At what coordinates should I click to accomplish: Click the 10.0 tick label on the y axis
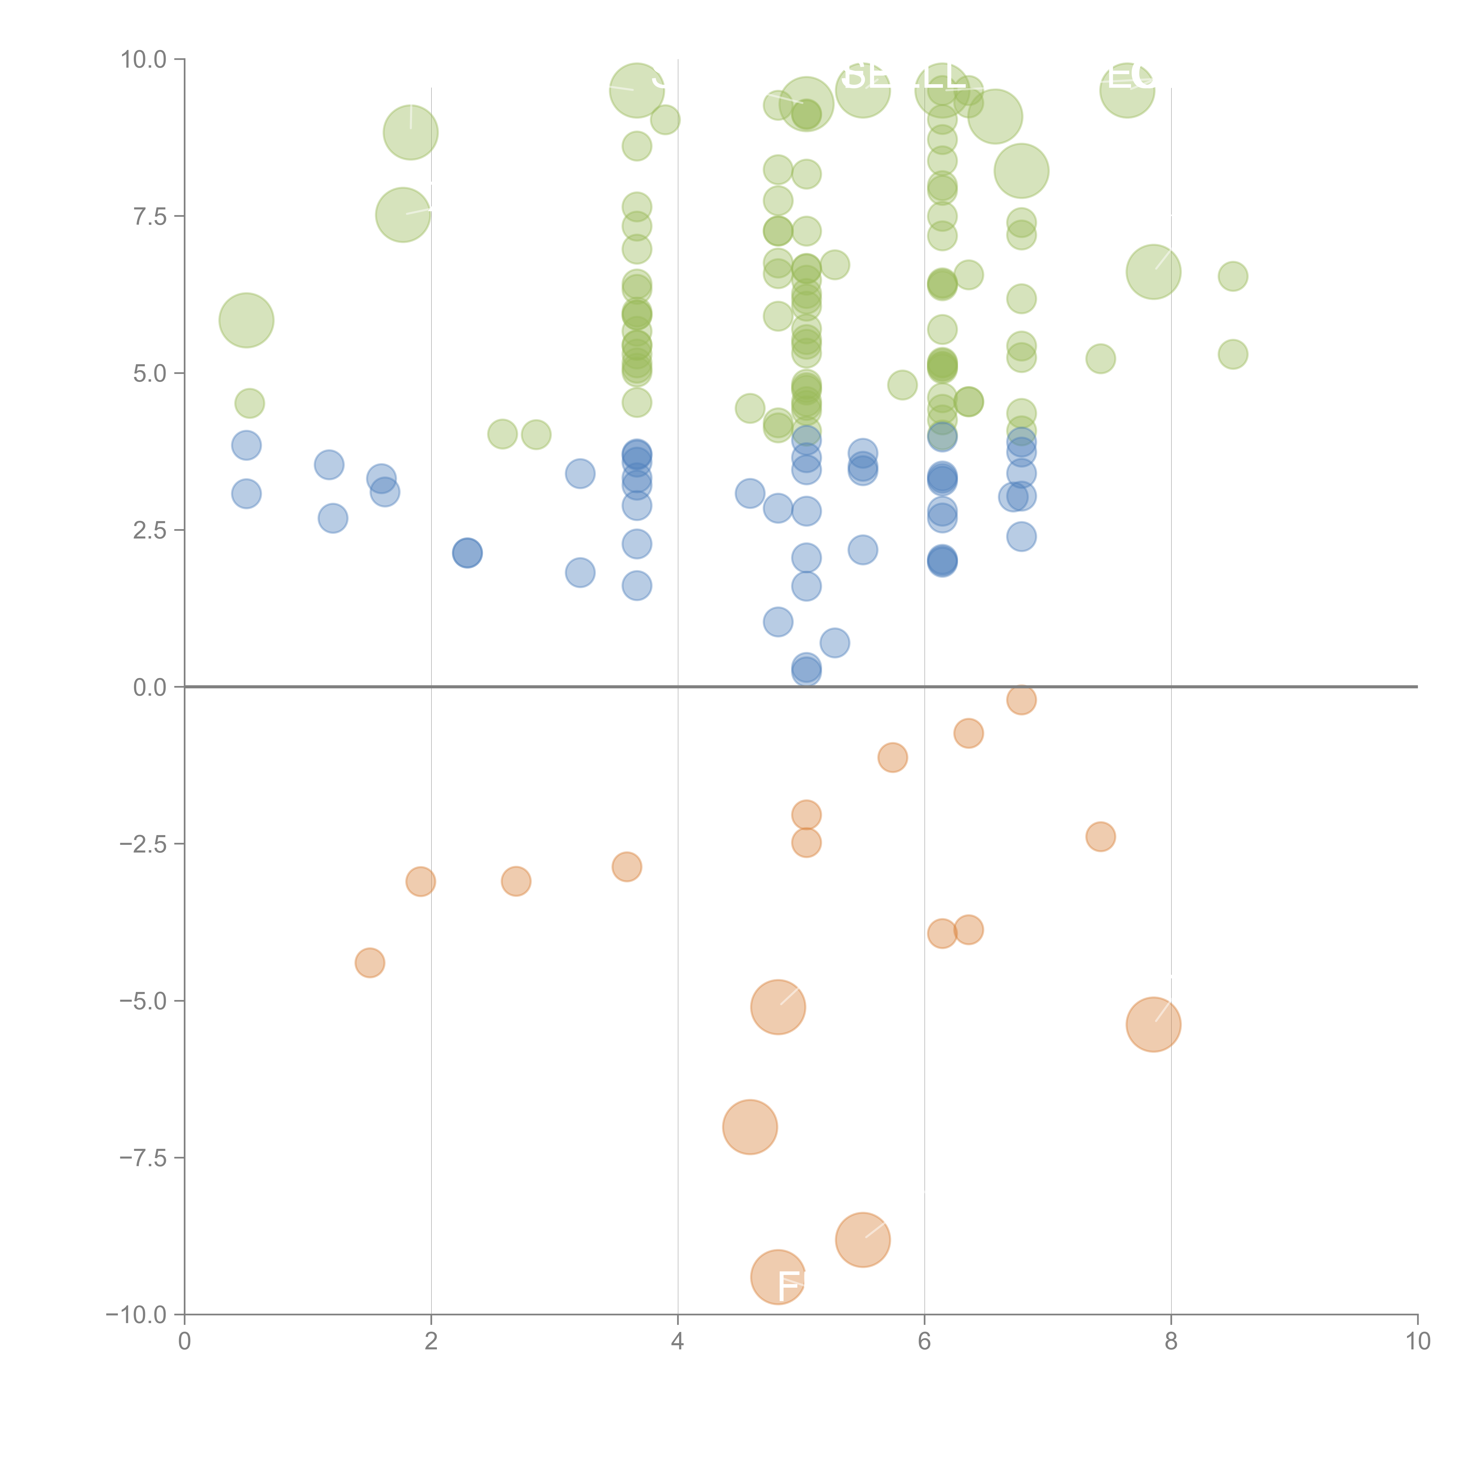click(x=144, y=60)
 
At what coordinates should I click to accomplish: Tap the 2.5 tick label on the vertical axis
click(x=150, y=531)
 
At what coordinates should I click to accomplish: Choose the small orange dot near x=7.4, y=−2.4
click(x=1100, y=836)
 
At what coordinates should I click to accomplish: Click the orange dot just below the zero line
click(x=1021, y=700)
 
